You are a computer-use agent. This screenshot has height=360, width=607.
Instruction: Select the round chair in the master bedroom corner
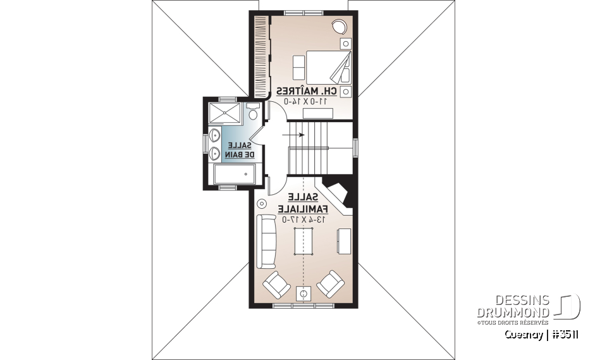click(x=339, y=27)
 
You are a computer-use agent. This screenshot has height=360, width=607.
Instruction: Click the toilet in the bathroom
click(x=253, y=113)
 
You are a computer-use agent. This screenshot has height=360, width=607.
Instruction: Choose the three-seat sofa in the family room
click(x=266, y=241)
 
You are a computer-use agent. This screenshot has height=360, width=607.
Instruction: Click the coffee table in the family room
click(x=303, y=241)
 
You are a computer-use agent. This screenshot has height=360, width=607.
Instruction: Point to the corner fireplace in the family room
click(x=338, y=193)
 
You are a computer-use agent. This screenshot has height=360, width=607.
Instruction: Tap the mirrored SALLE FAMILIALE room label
click(x=305, y=203)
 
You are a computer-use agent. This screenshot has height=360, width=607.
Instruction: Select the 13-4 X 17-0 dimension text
click(x=304, y=219)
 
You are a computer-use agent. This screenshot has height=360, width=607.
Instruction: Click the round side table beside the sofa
click(x=262, y=204)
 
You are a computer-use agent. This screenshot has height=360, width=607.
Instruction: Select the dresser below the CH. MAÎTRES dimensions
click(x=318, y=113)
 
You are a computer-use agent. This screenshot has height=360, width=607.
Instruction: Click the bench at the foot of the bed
click(x=298, y=66)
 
